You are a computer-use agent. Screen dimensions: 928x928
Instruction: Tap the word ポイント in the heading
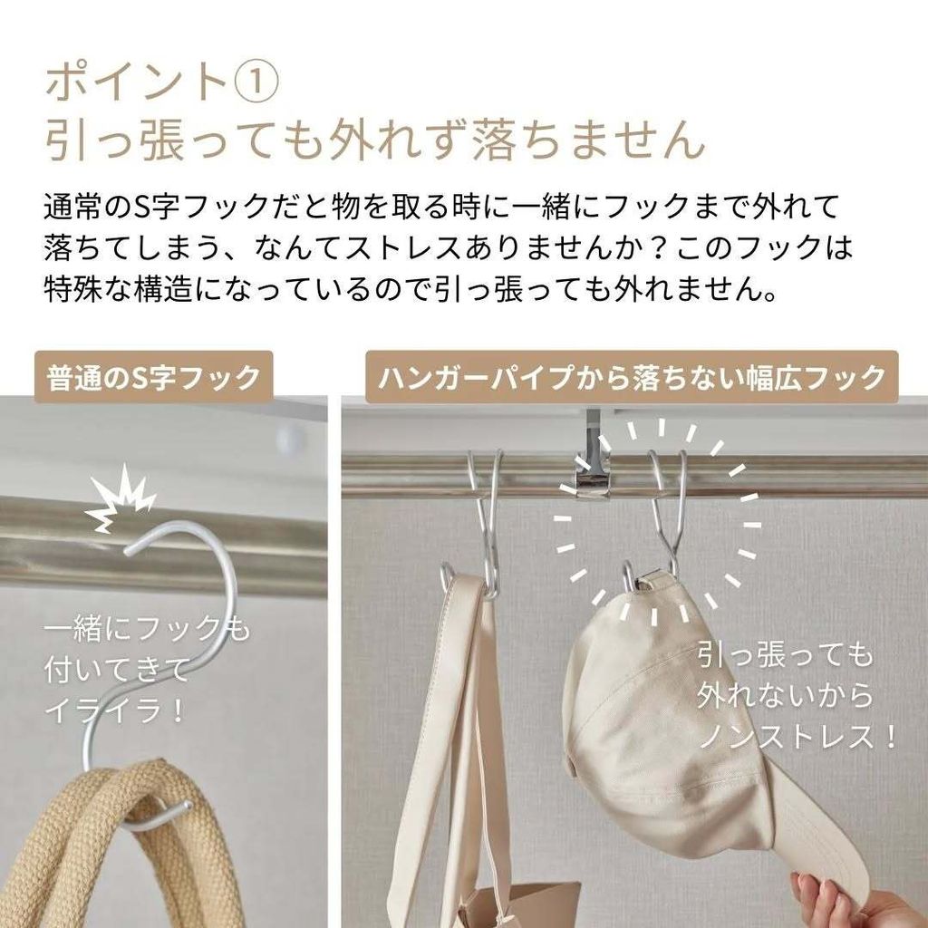pos(137,82)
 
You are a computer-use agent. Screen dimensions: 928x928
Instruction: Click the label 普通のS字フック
pos(153,377)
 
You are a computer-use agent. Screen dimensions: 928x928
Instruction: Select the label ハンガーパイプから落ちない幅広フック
pos(632,377)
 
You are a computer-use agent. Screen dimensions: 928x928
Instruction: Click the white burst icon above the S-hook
pos(121,498)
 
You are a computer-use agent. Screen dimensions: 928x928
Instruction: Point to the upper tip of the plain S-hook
pos(128,552)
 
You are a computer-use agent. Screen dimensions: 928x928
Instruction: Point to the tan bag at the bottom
pos(521,906)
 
